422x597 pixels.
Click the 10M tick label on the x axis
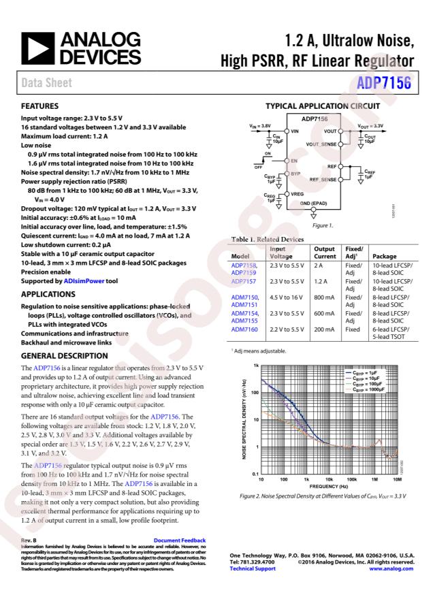pos(397,479)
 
